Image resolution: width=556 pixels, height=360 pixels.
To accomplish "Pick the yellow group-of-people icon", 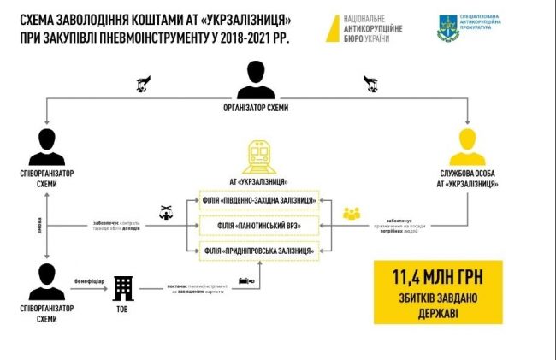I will tap(352, 213).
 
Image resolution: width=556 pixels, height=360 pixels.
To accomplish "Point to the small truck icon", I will tap(246, 280).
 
